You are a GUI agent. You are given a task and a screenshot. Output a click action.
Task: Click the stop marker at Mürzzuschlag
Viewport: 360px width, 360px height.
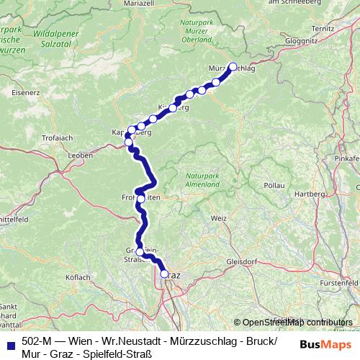tap(232, 67)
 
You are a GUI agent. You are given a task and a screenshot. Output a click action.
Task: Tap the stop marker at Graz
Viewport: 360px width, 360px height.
tap(164, 274)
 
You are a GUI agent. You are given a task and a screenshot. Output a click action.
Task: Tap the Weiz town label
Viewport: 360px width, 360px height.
tap(219, 217)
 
